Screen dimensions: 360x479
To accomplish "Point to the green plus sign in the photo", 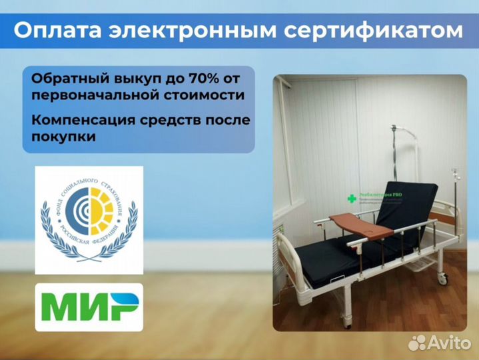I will [x=352, y=199].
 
